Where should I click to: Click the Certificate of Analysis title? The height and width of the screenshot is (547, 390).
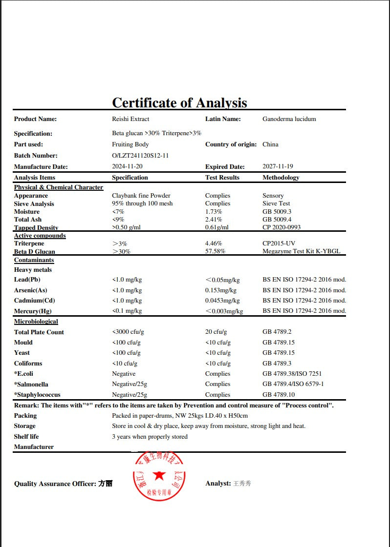tap(179, 102)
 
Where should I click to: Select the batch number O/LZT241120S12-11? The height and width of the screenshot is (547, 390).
tap(140, 156)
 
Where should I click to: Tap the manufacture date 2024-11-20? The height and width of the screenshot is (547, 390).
tap(127, 166)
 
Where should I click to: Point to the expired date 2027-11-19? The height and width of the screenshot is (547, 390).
tap(278, 166)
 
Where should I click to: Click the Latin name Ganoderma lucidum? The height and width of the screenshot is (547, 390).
tap(289, 119)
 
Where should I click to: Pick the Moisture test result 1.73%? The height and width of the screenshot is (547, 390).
tap(214, 212)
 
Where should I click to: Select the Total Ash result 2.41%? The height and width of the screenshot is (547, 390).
tap(214, 220)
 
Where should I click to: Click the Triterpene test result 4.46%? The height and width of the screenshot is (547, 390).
tap(214, 243)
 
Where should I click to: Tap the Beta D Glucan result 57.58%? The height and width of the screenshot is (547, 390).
tap(215, 252)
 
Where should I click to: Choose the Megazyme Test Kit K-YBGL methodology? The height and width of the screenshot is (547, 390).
tap(301, 252)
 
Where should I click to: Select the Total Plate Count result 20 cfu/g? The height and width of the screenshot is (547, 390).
tap(216, 332)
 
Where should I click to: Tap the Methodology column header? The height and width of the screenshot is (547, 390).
tap(281, 178)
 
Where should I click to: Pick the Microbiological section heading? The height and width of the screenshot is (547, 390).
tap(36, 322)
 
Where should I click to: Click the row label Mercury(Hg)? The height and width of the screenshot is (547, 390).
tap(33, 311)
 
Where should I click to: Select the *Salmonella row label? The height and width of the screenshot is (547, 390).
tap(31, 385)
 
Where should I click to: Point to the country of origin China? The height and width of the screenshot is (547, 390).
tap(270, 144)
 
